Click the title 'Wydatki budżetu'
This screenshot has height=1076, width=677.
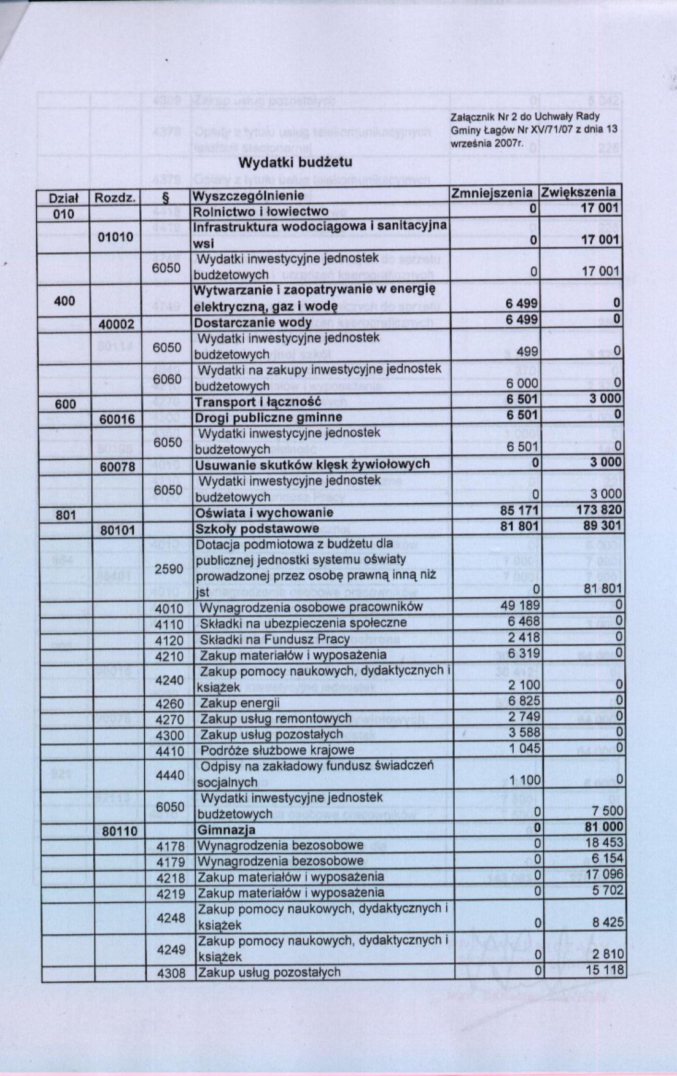point(295,163)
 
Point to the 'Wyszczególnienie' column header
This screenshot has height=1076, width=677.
point(249,196)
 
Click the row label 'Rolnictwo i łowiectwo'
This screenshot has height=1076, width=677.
point(261,212)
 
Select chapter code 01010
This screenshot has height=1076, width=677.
point(115,237)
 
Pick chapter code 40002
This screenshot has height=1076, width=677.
point(116,323)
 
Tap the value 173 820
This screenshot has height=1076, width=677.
point(599,509)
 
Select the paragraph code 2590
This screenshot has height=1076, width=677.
point(169,569)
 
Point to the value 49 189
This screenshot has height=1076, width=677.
point(520,606)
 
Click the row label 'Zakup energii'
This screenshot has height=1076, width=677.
point(240,703)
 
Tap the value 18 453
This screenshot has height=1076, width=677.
point(605,843)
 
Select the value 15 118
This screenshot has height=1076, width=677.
point(604,970)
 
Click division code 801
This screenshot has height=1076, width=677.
point(66,515)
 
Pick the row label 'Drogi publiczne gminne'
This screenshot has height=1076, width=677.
point(268,417)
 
